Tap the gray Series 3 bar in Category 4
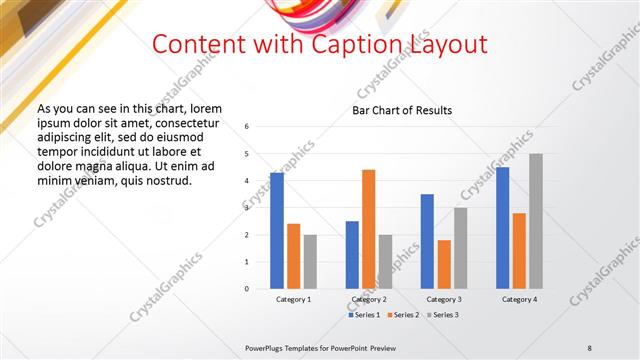(x=536, y=221)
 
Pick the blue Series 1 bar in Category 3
(x=427, y=241)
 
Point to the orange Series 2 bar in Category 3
(x=444, y=264)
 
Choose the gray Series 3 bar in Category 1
(x=310, y=261)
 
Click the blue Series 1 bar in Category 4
(x=502, y=228)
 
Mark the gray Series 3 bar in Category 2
(x=385, y=261)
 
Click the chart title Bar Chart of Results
(x=402, y=110)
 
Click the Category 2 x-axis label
(x=369, y=299)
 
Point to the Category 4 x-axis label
(x=519, y=299)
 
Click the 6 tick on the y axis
(x=246, y=127)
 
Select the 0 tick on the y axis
(x=246, y=289)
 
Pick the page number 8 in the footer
(x=590, y=346)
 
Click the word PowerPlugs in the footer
(x=265, y=346)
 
